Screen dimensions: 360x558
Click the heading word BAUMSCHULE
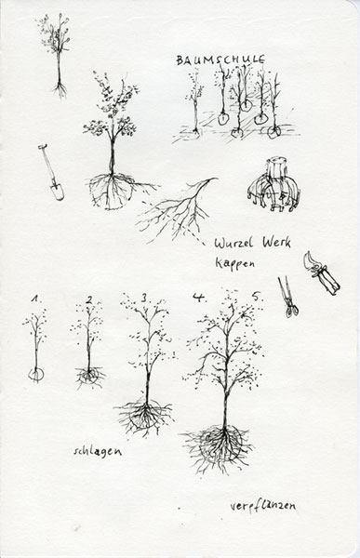tap(220, 60)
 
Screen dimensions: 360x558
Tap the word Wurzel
tap(233, 244)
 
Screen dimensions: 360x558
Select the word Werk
tap(277, 242)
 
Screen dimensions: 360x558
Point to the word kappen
tap(235, 263)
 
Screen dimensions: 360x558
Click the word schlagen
tap(98, 451)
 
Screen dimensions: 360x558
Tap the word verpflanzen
tap(262, 506)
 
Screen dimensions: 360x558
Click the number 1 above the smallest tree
tap(35, 299)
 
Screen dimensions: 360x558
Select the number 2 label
tap(88, 300)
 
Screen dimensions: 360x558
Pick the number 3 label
tap(144, 299)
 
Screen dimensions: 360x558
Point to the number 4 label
tap(198, 297)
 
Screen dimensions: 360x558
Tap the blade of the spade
tap(57, 192)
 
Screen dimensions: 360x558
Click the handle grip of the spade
tap(43, 146)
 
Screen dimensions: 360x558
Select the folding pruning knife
tap(321, 273)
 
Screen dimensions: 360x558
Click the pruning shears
tap(288, 298)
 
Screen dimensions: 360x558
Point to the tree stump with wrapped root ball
tap(273, 185)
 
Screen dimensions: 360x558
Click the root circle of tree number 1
tap(36, 374)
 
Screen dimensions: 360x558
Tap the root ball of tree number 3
tap(144, 416)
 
